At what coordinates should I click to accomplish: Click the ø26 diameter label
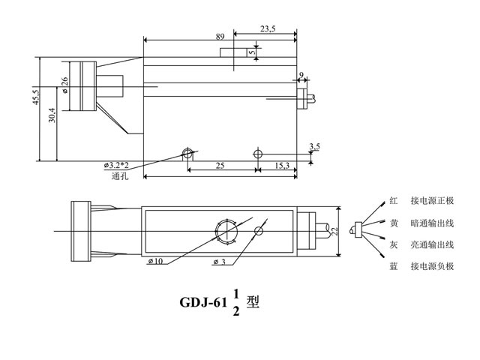[x=65, y=85]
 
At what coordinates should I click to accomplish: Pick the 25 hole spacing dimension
[x=220, y=164]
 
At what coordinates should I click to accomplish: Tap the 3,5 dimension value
[x=314, y=146]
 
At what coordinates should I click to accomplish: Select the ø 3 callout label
[x=220, y=262]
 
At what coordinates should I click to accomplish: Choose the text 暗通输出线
[x=432, y=223]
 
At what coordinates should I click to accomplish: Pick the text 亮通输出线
[x=432, y=244]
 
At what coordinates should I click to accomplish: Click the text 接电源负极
[x=432, y=266]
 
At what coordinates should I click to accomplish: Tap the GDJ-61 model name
[x=202, y=304]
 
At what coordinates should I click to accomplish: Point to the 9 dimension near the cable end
[x=301, y=75]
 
